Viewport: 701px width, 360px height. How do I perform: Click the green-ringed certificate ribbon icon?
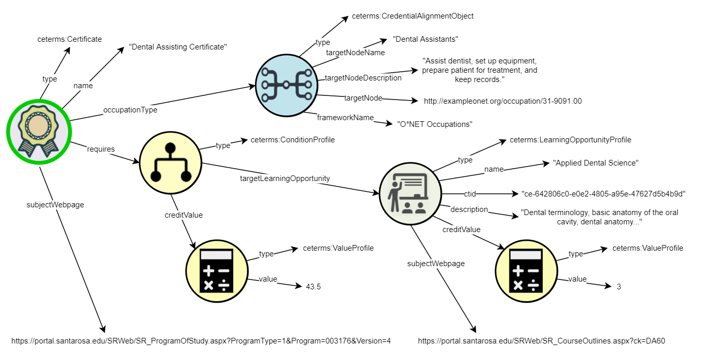[x=39, y=132]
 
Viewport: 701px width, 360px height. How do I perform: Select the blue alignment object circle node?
[x=286, y=84]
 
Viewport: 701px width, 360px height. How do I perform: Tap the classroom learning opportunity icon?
[x=410, y=193]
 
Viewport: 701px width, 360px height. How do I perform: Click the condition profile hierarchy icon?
[x=171, y=162]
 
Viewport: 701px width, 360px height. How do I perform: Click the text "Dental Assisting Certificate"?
[x=178, y=47]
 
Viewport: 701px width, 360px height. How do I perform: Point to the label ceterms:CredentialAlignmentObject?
[x=413, y=16]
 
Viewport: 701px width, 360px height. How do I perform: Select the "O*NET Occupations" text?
[x=434, y=124]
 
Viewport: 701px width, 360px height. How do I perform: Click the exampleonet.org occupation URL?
[x=502, y=101]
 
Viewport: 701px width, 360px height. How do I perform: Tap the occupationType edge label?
[x=130, y=110]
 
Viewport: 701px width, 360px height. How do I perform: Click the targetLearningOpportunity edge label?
[x=285, y=178]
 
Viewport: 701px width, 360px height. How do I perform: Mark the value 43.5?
[x=313, y=287]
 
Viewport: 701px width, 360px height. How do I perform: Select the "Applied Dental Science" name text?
[x=596, y=163]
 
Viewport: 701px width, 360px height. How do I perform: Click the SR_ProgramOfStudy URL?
[x=201, y=341]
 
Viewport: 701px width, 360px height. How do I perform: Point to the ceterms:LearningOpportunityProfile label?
[x=570, y=140]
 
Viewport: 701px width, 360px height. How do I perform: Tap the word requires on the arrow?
[x=101, y=149]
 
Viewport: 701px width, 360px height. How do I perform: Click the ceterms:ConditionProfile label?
[x=292, y=140]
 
